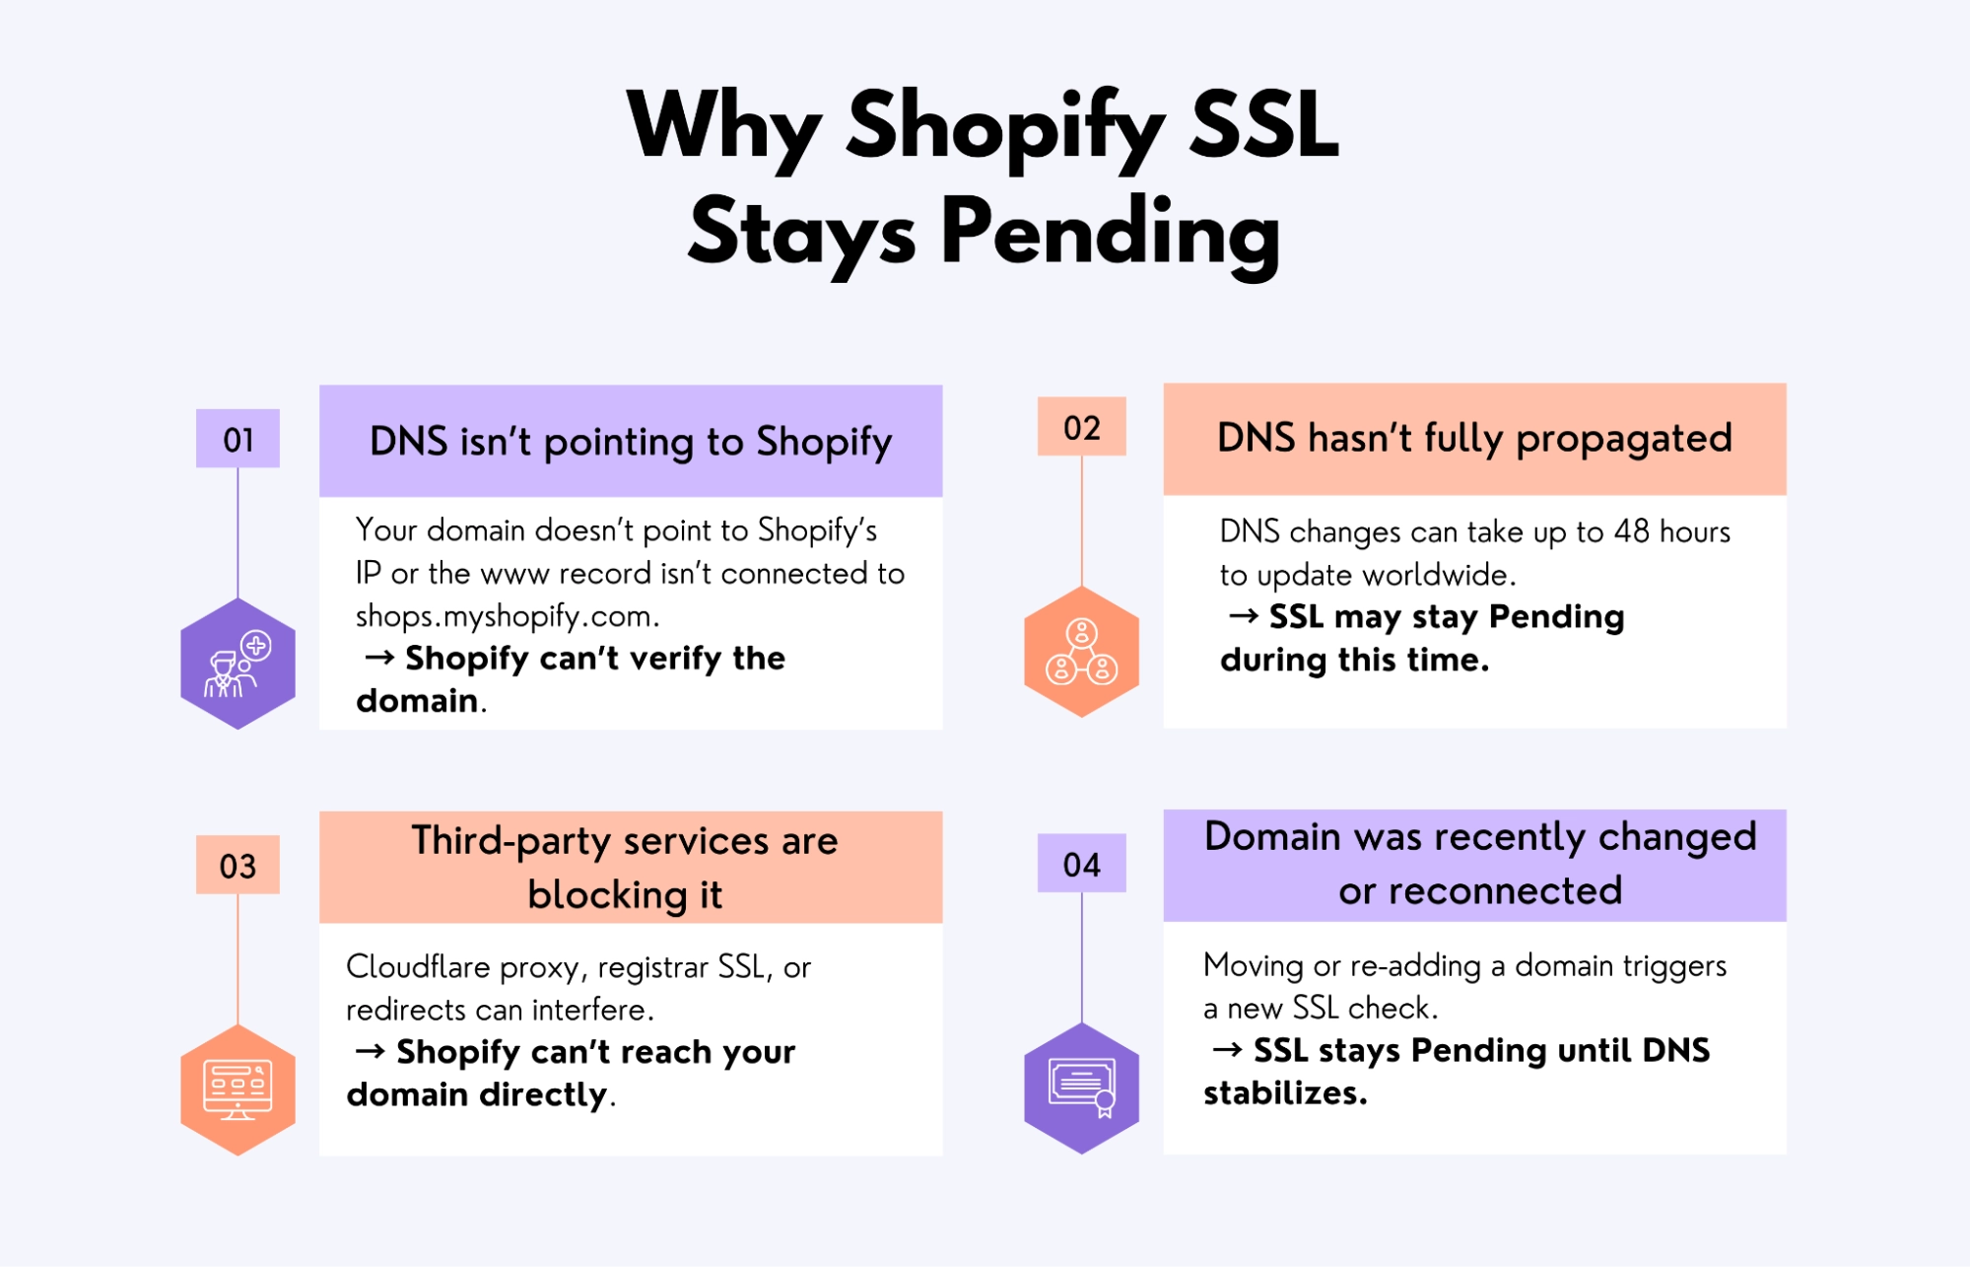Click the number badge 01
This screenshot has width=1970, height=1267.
click(x=238, y=439)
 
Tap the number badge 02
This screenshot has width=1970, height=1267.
click(x=1081, y=428)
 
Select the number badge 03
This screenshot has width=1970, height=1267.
click(x=238, y=866)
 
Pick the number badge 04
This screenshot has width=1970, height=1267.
click(x=1081, y=865)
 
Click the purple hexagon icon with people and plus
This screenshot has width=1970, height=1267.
click(x=238, y=664)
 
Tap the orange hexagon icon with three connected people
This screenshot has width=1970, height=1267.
click(x=1081, y=652)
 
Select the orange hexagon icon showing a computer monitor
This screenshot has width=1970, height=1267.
click(x=238, y=1090)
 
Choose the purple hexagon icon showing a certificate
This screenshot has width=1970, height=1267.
click(x=1081, y=1088)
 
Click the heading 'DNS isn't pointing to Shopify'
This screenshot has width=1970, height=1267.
click(x=631, y=442)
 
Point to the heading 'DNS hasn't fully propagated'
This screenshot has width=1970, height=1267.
click(x=1474, y=438)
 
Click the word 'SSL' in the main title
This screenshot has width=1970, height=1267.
click(x=1263, y=125)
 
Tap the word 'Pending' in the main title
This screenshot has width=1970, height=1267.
click(x=1111, y=233)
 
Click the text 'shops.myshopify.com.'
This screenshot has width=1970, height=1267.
click(x=508, y=616)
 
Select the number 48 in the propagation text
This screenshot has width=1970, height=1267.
click(x=1631, y=531)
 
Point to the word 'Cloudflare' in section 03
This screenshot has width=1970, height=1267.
click(x=418, y=966)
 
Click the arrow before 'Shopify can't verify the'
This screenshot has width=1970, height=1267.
click(x=379, y=657)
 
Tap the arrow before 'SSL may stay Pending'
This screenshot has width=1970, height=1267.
click(x=1243, y=616)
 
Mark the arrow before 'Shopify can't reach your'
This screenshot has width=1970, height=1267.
click(x=370, y=1051)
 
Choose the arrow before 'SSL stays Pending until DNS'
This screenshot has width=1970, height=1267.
click(x=1227, y=1050)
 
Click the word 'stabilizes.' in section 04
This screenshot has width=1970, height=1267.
click(x=1285, y=1093)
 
